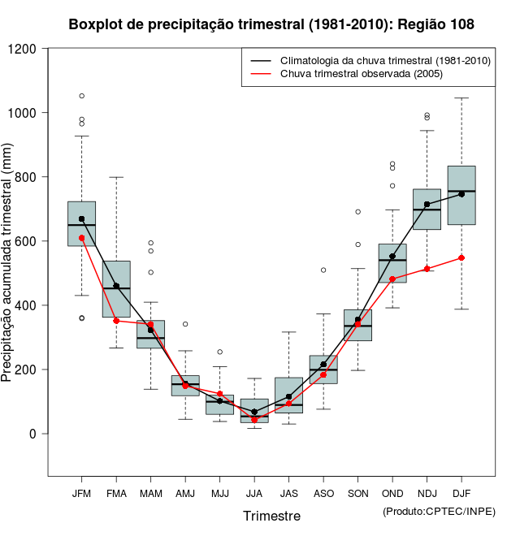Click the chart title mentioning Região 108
[271, 25]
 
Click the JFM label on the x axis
[81, 493]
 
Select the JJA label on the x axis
[254, 493]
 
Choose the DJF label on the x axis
[461, 493]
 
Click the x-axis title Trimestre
[271, 516]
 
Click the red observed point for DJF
[461, 257]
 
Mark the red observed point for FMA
[116, 321]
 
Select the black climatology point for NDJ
[427, 205]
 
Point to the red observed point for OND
[392, 279]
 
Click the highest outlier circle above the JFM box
[81, 96]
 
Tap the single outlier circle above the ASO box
[323, 270]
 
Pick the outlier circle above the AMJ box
[185, 324]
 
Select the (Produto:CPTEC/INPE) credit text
[439, 511]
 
